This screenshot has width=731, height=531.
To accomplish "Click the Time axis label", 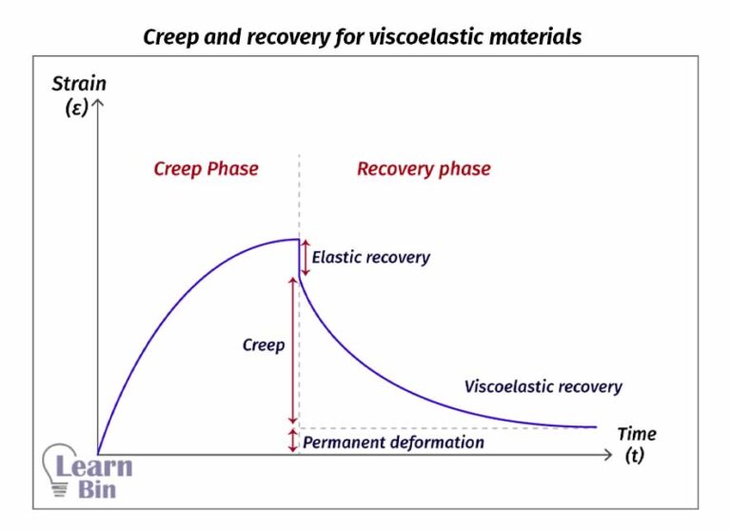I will tap(636, 434).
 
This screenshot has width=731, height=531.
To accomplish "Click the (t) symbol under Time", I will tap(635, 456).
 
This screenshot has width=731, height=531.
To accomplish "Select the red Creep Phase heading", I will tap(206, 168).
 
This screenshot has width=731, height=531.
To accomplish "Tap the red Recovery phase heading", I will tap(424, 168).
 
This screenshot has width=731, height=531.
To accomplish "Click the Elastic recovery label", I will tap(370, 257).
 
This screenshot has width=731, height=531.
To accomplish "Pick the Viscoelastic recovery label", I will tap(543, 386).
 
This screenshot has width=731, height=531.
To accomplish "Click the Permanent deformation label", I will tap(393, 442).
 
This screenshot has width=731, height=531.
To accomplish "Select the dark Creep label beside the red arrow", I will tap(264, 344).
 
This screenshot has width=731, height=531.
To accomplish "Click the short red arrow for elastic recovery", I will tap(305, 258).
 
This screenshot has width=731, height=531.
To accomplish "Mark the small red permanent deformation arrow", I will tap(293, 441).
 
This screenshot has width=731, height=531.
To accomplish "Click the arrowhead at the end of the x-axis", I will tap(608, 455).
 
